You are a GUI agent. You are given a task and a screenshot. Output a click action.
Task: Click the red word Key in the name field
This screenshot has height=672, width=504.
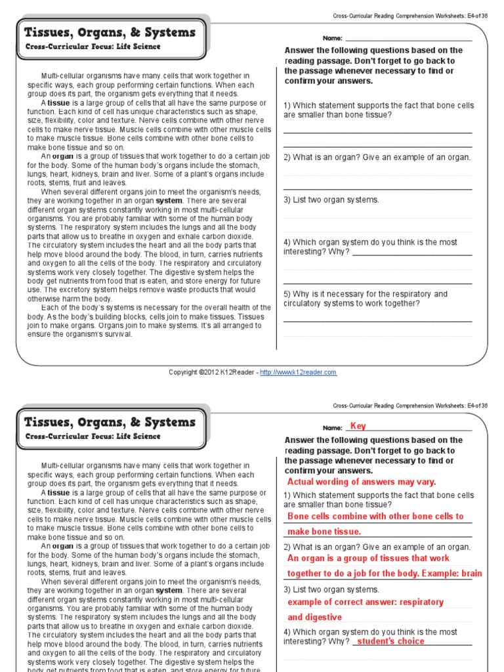(x=358, y=426)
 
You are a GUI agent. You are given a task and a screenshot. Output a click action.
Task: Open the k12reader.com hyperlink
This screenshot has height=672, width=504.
(x=298, y=372)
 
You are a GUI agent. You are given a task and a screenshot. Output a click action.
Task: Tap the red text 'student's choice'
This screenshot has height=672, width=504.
(x=391, y=641)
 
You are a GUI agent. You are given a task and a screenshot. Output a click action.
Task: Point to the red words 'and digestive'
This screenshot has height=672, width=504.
(x=314, y=617)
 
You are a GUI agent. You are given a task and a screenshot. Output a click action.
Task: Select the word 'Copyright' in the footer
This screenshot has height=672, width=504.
(x=182, y=372)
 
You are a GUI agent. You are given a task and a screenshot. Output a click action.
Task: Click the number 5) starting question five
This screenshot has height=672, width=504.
(x=287, y=294)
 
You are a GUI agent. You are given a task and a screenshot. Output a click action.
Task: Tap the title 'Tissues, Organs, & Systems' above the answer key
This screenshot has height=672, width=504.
(x=110, y=422)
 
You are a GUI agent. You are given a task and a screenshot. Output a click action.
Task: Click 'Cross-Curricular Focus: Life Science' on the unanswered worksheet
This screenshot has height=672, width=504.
(x=93, y=47)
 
